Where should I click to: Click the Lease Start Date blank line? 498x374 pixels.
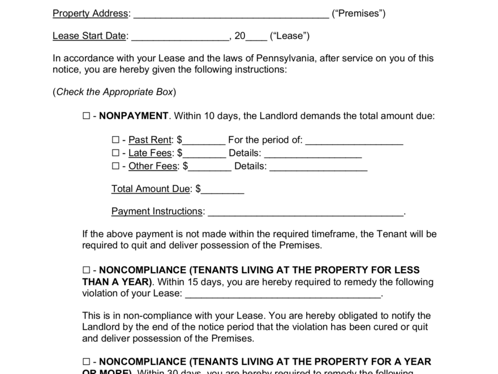point(180,37)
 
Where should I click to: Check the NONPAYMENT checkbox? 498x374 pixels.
point(86,116)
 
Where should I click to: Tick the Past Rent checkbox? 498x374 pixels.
point(115,140)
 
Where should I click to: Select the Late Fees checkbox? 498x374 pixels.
point(115,153)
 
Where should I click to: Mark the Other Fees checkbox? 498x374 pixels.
point(115,166)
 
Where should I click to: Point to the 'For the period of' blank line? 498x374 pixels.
point(354,142)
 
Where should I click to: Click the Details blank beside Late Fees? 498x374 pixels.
point(313,155)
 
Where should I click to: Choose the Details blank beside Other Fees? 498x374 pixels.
point(319,168)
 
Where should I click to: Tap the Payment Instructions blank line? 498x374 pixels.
point(306,213)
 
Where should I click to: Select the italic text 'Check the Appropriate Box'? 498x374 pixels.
point(114,92)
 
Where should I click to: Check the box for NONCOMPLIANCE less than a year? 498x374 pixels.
point(86,270)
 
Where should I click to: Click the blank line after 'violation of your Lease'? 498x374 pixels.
point(283,295)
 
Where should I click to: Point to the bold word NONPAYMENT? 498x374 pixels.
point(134,116)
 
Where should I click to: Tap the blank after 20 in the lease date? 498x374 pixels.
point(257,37)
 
